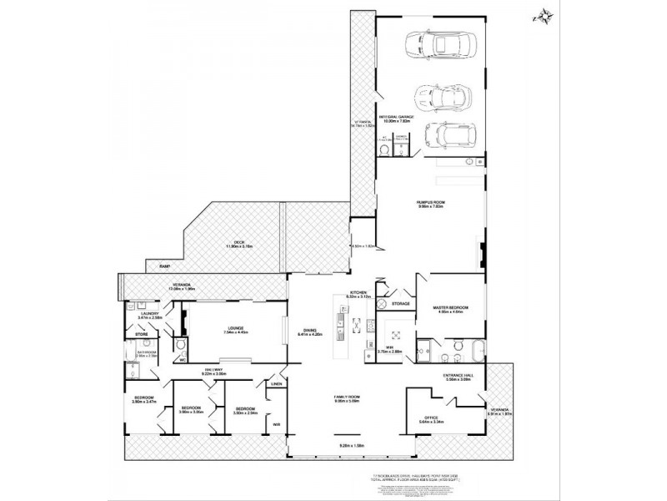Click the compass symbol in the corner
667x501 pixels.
click(x=544, y=16)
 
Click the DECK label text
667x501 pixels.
click(x=238, y=243)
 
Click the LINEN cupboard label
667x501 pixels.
click(x=275, y=384)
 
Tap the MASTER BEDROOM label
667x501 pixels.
click(x=450, y=308)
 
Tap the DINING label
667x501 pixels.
click(x=310, y=330)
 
